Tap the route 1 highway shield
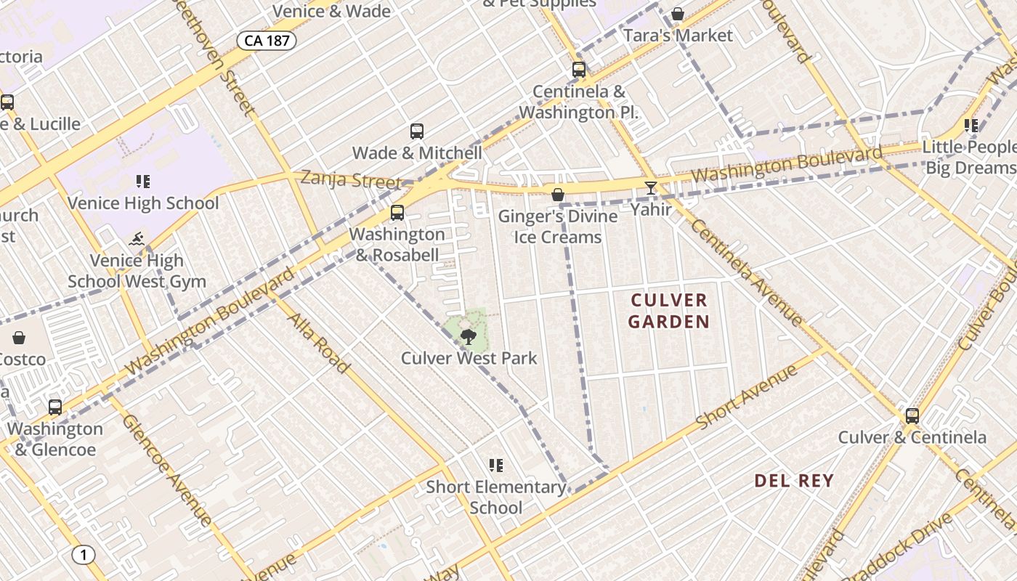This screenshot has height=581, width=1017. [84, 556]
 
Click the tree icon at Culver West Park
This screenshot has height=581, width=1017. [469, 336]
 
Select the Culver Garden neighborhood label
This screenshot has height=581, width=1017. [668, 311]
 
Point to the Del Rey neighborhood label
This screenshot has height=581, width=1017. [794, 481]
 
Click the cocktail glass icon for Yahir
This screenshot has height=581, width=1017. [651, 188]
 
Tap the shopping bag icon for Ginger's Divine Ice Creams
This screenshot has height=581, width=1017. [558, 195]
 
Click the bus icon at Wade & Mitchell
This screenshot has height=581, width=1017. [417, 131]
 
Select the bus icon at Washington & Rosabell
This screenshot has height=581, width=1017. [397, 213]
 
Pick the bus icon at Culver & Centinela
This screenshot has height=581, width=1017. [912, 416]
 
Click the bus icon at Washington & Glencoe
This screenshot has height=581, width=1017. [55, 407]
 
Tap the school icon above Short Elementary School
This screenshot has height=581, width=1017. [496, 466]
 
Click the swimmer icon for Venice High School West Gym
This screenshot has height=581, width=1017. [137, 239]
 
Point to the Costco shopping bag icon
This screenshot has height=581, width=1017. [19, 338]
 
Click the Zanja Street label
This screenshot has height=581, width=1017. [351, 179]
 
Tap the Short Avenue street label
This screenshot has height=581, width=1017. [747, 397]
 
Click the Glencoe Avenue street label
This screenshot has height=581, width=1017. [167, 470]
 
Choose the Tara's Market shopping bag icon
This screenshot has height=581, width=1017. [678, 14]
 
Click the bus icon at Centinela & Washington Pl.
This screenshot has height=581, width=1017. [579, 70]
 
